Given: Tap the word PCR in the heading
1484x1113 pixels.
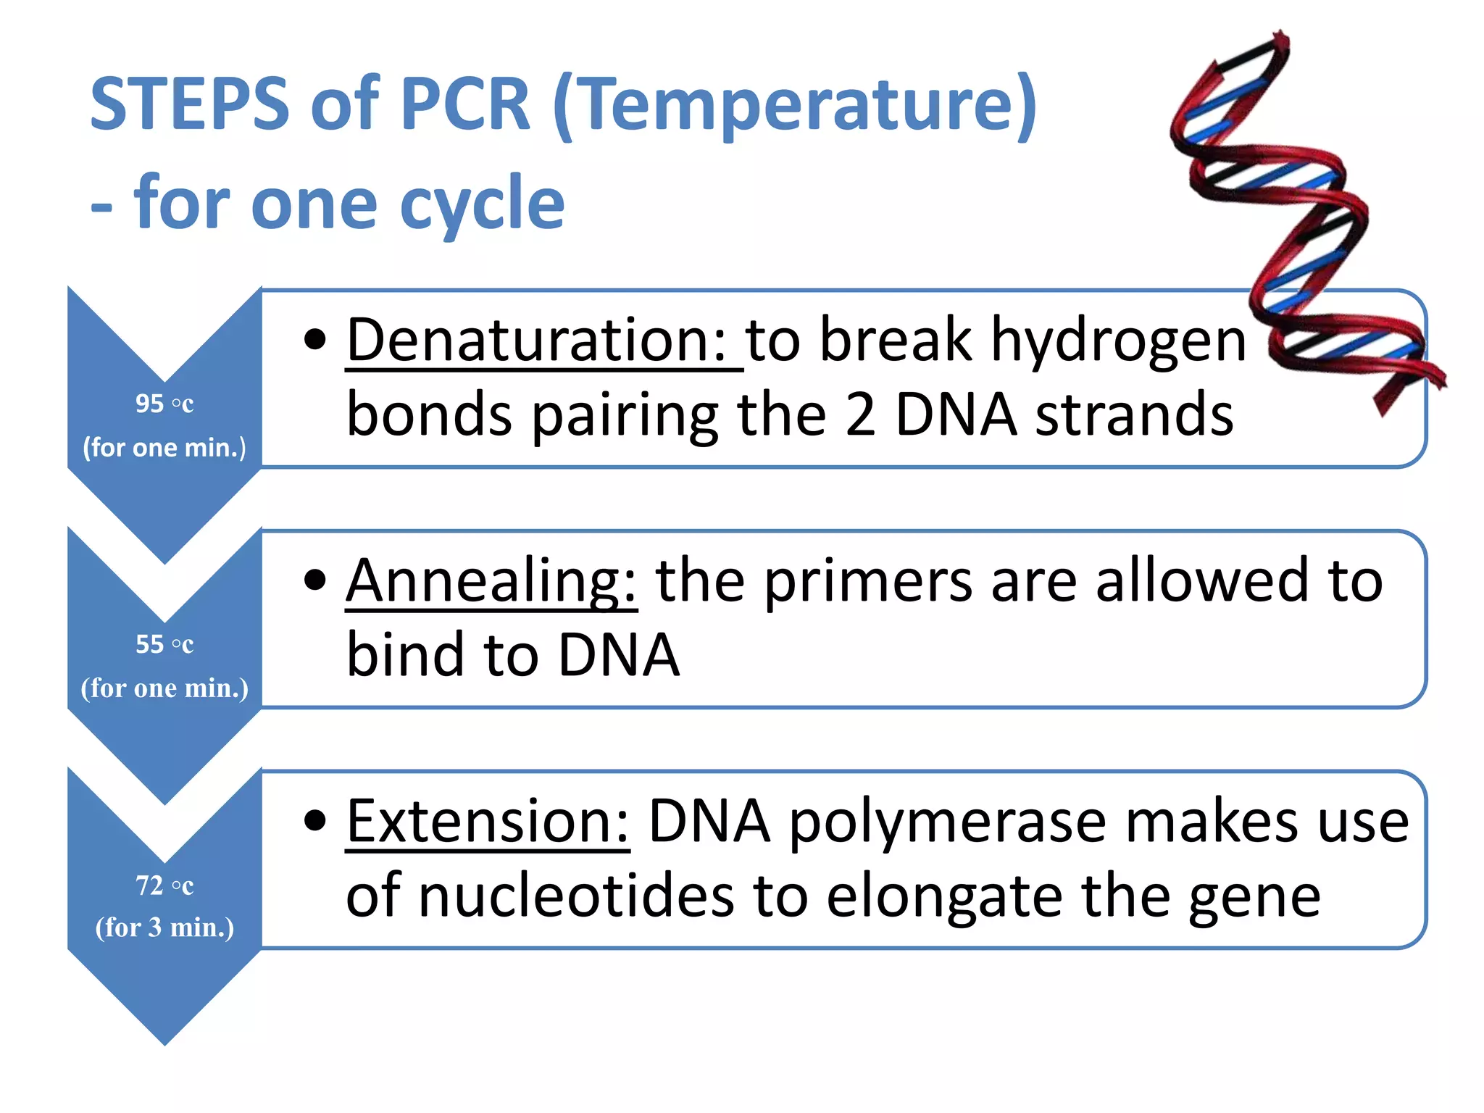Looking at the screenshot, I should [x=465, y=105].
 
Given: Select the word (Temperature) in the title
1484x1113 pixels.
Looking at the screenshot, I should [x=795, y=107].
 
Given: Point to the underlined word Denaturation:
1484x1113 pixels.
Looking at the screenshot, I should [x=543, y=341].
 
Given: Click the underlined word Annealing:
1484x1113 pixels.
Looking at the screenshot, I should [x=491, y=581].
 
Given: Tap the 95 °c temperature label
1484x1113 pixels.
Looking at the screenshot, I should [x=164, y=404].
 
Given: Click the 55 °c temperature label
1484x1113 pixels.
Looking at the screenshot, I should [x=164, y=644].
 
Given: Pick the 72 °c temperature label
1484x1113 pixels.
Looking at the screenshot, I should [x=164, y=885].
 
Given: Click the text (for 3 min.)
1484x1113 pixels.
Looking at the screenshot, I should [x=164, y=927].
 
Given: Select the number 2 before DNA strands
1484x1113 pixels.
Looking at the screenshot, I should [x=860, y=415].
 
